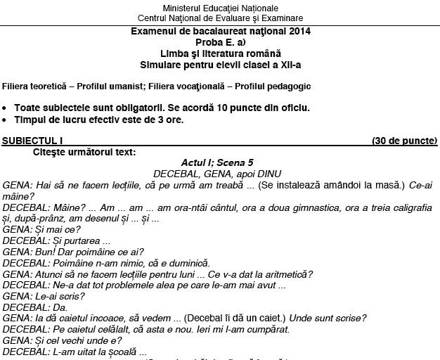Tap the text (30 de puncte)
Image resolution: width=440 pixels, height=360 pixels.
click(404, 141)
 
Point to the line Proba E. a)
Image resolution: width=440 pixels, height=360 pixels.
click(220, 42)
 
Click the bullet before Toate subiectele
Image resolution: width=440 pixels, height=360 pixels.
click(6, 108)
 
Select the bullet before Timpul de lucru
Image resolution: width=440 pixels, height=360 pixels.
click(6, 120)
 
